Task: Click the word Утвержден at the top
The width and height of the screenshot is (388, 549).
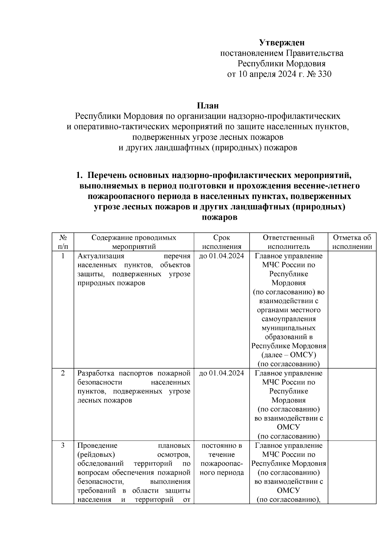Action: pyautogui.click(x=282, y=43)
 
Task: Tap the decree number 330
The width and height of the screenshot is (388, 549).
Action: pyautogui.click(x=325, y=74)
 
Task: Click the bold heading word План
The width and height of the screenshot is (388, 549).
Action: pyautogui.click(x=208, y=106)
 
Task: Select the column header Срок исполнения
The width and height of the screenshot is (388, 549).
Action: pyautogui.click(x=221, y=242)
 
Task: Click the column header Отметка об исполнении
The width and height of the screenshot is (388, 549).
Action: pyautogui.click(x=352, y=242)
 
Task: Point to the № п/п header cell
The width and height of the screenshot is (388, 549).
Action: pyautogui.click(x=63, y=242)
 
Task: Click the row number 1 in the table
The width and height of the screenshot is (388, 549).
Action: pyautogui.click(x=63, y=256)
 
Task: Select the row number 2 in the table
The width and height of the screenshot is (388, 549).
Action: pyautogui.click(x=63, y=373)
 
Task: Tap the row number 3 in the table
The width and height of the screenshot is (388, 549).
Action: pyautogui.click(x=63, y=445)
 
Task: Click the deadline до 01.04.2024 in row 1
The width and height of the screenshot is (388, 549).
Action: pyautogui.click(x=221, y=256)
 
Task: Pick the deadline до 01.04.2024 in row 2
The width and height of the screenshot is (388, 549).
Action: pyautogui.click(x=221, y=373)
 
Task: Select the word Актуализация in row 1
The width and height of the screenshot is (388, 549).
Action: pyautogui.click(x=101, y=256)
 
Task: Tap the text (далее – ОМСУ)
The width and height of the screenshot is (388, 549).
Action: pyautogui.click(x=288, y=355)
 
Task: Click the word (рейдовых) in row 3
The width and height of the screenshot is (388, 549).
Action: pyautogui.click(x=96, y=455)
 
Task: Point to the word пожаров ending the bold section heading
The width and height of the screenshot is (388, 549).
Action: pyautogui.click(x=220, y=217)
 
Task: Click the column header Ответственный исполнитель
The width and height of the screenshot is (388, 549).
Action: pyautogui.click(x=288, y=242)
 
